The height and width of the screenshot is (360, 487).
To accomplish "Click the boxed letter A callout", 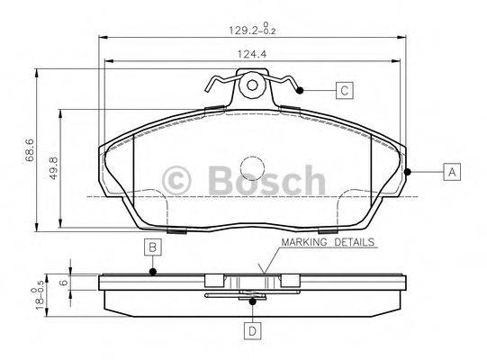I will click(x=450, y=172).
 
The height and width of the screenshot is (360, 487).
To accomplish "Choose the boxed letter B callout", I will click(x=153, y=247).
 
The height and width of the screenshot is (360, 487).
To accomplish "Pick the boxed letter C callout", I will click(x=344, y=90).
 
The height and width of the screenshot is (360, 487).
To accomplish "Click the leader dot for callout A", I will click(x=408, y=172).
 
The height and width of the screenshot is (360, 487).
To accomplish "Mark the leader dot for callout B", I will click(x=153, y=272).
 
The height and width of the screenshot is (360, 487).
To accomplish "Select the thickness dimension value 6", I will click(x=62, y=281).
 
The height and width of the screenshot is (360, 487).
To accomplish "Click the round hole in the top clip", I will click(x=253, y=87).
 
